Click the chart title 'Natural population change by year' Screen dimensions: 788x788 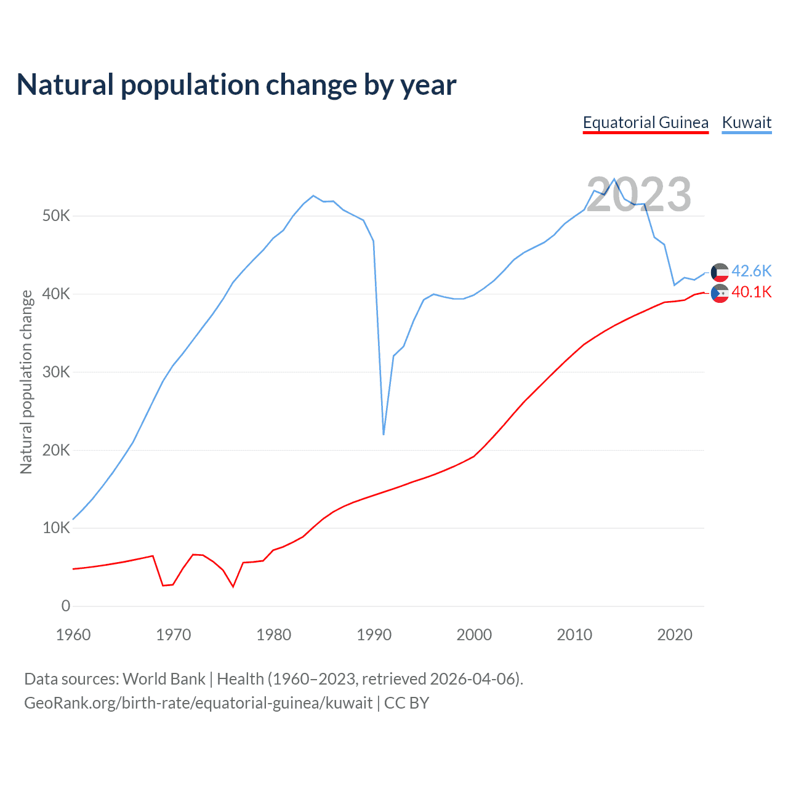[x=236, y=85]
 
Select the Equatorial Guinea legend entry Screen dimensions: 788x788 [x=645, y=123]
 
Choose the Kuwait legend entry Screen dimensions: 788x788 [x=746, y=123]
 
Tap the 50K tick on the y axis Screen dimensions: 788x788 [x=57, y=216]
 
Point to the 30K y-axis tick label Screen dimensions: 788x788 [x=57, y=372]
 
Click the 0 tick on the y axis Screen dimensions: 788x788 [x=66, y=606]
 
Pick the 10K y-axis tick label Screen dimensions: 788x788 [x=57, y=528]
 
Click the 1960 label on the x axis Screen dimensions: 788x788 [x=73, y=635]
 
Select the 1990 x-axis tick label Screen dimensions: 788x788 [x=374, y=635]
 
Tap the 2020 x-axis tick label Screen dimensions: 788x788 [x=675, y=635]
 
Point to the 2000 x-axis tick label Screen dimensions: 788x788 [x=474, y=635]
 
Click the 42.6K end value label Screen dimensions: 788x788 [x=751, y=271]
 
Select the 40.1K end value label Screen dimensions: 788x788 [x=751, y=292]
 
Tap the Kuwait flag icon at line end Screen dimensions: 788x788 [x=720, y=272]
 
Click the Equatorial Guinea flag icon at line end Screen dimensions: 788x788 [x=720, y=293]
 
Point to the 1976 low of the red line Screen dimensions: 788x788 [x=233, y=586]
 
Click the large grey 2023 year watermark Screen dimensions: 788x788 [x=638, y=195]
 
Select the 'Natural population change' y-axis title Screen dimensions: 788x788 [x=26, y=382]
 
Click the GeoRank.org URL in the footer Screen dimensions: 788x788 [x=198, y=703]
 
